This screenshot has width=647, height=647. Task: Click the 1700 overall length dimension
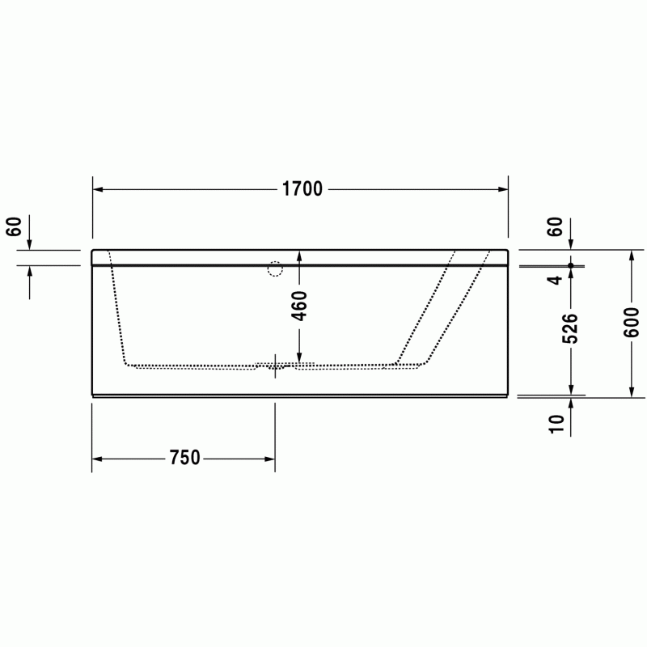coord(302,189)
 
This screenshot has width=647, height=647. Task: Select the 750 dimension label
coord(184,458)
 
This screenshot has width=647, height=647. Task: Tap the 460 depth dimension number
coord(299,306)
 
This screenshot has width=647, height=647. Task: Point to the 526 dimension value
coord(571,328)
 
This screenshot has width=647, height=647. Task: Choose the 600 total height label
coord(632,322)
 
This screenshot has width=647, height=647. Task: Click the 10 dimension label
coord(556,424)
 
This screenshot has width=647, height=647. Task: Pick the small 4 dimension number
coord(555,280)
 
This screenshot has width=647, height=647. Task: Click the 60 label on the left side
coord(14,226)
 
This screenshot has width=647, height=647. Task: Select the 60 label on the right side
coord(556,226)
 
